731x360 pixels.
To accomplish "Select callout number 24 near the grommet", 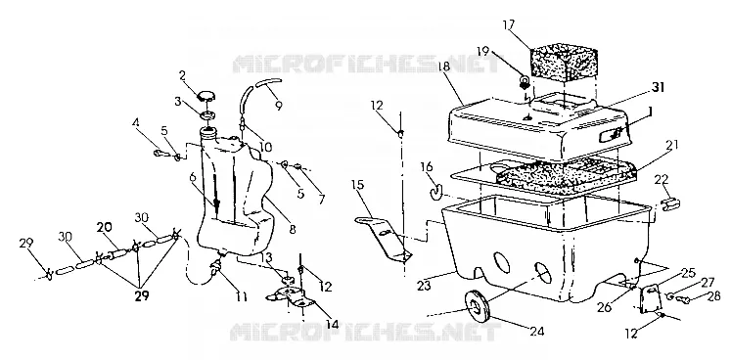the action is click(x=536, y=331).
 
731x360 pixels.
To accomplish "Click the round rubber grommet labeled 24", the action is click(x=476, y=306).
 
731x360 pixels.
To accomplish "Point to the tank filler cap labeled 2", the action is click(x=206, y=95).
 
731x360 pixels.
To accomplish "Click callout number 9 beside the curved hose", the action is click(x=278, y=106).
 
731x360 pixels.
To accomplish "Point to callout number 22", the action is click(x=662, y=180).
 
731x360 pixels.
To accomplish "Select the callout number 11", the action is click(x=241, y=296).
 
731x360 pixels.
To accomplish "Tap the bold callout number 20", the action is click(x=105, y=227).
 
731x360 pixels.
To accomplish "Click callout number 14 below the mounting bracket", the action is click(x=333, y=323).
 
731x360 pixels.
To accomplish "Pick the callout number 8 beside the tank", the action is click(x=293, y=229).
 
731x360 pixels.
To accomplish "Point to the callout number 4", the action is click(x=135, y=123).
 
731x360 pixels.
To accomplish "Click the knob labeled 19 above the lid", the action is click(x=525, y=83).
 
